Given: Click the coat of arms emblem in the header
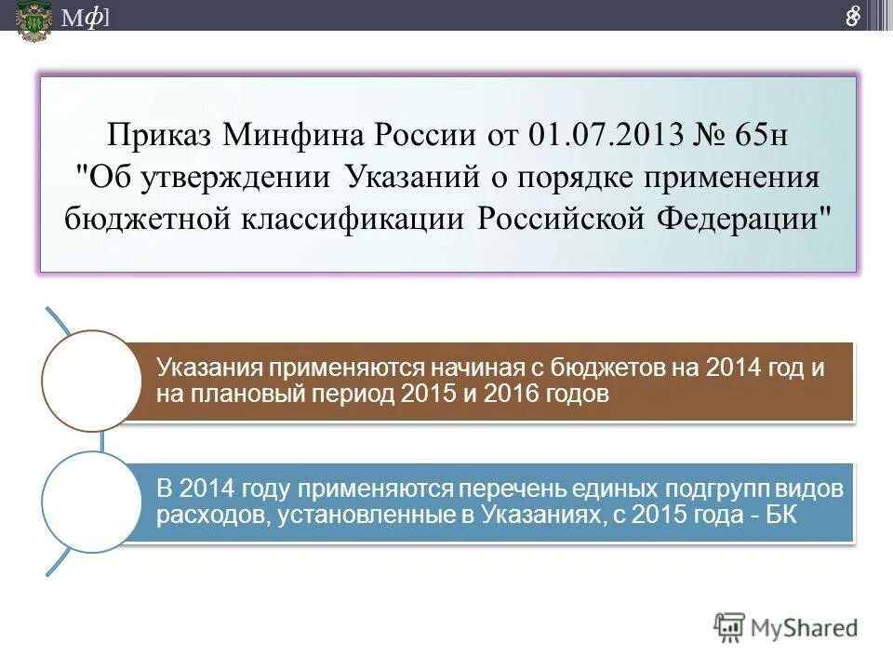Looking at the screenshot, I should [33, 19].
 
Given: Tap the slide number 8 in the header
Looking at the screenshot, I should [852, 17].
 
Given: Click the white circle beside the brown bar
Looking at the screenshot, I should [89, 381].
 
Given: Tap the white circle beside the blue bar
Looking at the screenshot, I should [89, 502].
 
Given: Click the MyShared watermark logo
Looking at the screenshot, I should [787, 627].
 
